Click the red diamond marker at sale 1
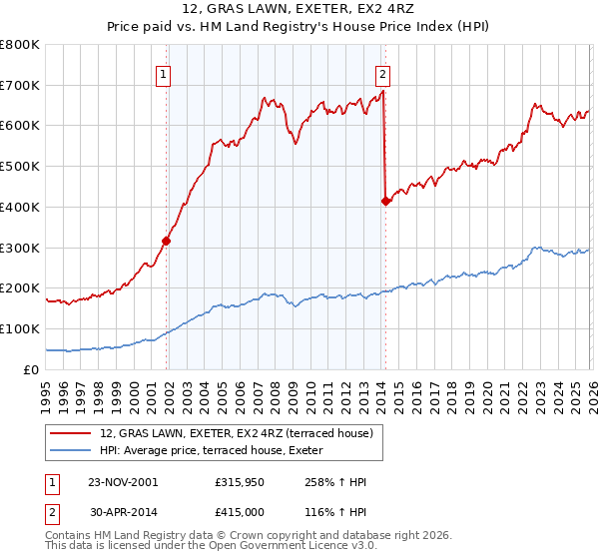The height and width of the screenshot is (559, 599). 167,241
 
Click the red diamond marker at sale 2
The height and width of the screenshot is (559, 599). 385,201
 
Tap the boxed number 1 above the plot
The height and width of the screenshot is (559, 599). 163,72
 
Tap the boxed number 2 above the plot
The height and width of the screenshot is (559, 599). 382,72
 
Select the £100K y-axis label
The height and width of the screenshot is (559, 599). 20,328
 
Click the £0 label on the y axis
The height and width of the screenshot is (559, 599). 32,369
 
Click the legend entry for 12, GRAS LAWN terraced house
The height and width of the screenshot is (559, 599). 236,433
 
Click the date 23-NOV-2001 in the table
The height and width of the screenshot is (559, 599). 122,482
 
